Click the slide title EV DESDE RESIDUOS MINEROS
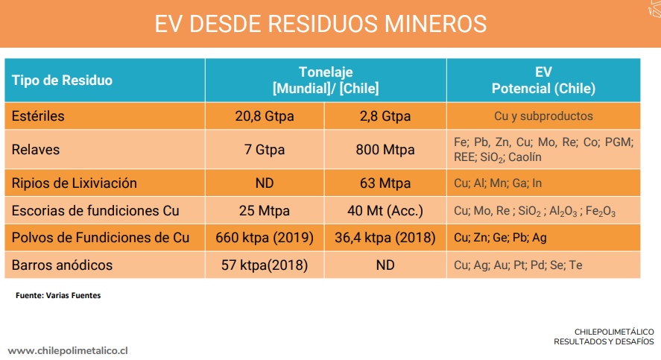(320, 24)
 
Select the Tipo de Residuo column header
(62, 80)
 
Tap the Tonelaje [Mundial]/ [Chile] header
(326, 80)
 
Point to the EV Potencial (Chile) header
(543, 80)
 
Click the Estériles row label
(38, 116)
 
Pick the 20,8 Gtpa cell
(265, 116)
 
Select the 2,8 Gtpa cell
(385, 116)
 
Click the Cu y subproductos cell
(543, 116)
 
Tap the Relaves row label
(36, 150)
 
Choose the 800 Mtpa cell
(385, 150)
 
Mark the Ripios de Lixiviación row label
(75, 183)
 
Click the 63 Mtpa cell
(385, 183)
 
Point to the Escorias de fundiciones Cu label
(95, 210)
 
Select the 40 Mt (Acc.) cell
(385, 210)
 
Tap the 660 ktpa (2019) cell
(265, 238)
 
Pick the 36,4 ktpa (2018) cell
(385, 238)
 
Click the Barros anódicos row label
(62, 265)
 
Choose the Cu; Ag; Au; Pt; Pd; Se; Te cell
(518, 265)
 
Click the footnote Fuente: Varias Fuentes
(58, 296)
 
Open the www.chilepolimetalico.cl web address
(69, 350)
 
